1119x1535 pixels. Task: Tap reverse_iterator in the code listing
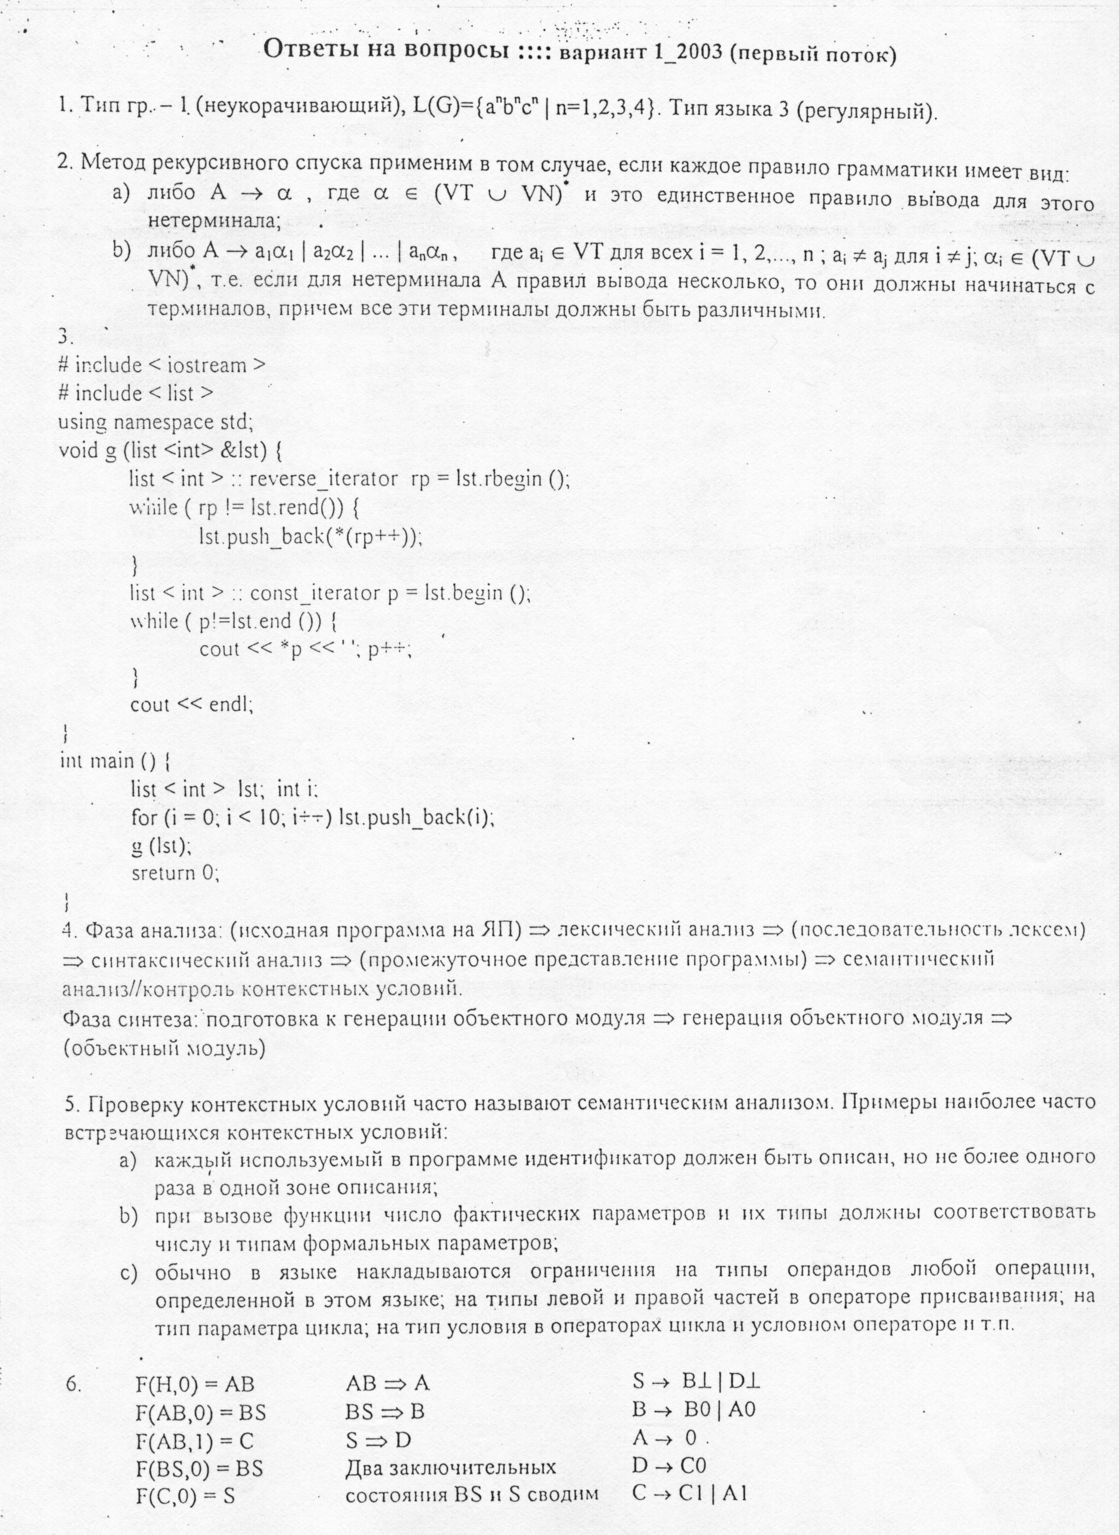pyautogui.click(x=324, y=479)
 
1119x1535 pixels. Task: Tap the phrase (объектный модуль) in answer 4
pyautogui.click(x=164, y=1048)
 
